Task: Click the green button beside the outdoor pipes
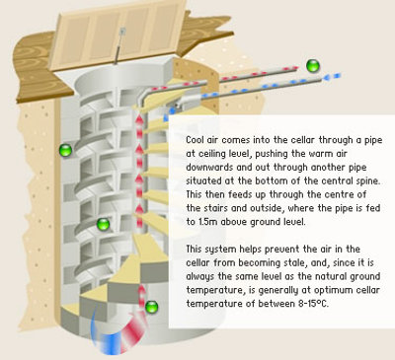click(313, 66)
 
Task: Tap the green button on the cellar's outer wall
click(65, 150)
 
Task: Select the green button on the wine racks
click(103, 224)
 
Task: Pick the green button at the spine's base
click(152, 307)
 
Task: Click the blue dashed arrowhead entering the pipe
click(332, 77)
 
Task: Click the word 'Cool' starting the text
click(195, 140)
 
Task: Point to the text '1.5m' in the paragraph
click(206, 222)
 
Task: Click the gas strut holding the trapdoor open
click(119, 45)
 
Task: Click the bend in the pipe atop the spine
click(145, 96)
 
